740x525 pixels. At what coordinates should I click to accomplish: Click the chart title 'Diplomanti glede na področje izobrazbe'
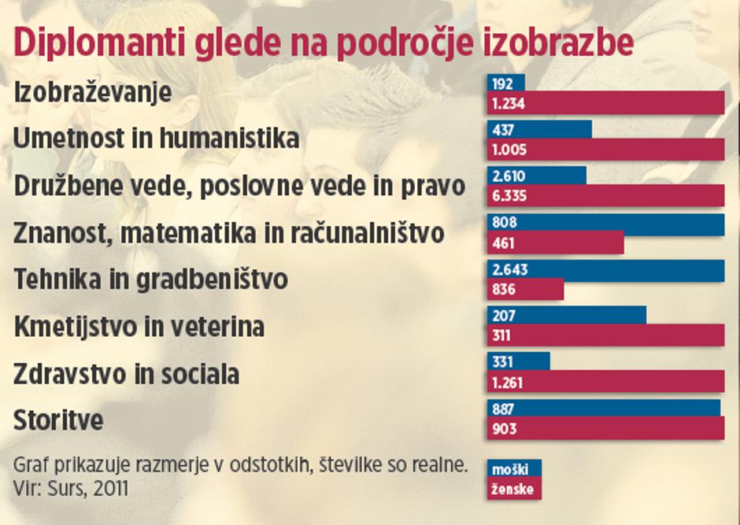click(x=324, y=44)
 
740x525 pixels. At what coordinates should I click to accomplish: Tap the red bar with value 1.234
click(x=605, y=103)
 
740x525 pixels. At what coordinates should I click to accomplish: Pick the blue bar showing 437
click(x=539, y=129)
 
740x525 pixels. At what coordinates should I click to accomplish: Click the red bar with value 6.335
click(x=605, y=196)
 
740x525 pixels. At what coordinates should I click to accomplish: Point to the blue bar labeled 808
click(x=605, y=224)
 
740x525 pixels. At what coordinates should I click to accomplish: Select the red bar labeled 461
click(x=555, y=243)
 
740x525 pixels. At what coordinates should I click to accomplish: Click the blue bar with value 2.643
click(x=605, y=270)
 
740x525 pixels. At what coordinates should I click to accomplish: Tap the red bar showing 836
click(x=525, y=290)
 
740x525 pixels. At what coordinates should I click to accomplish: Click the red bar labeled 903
click(x=605, y=429)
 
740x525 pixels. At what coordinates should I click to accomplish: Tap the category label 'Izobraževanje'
click(x=93, y=92)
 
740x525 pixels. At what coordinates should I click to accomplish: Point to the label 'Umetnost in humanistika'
click(x=157, y=139)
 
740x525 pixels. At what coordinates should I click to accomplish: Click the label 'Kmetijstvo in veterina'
click(x=139, y=326)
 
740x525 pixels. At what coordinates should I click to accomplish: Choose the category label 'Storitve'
click(x=58, y=420)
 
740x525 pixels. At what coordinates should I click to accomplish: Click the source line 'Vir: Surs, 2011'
click(x=71, y=487)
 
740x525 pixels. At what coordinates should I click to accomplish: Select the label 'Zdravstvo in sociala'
click(x=126, y=373)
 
